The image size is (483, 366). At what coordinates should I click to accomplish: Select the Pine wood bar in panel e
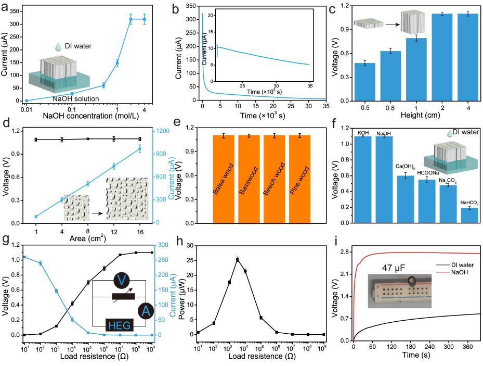[299, 180]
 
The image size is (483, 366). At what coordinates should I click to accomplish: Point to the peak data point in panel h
[238, 259]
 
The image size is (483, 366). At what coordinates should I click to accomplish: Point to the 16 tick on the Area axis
[139, 231]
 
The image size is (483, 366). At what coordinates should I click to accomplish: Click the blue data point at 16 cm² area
[139, 149]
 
